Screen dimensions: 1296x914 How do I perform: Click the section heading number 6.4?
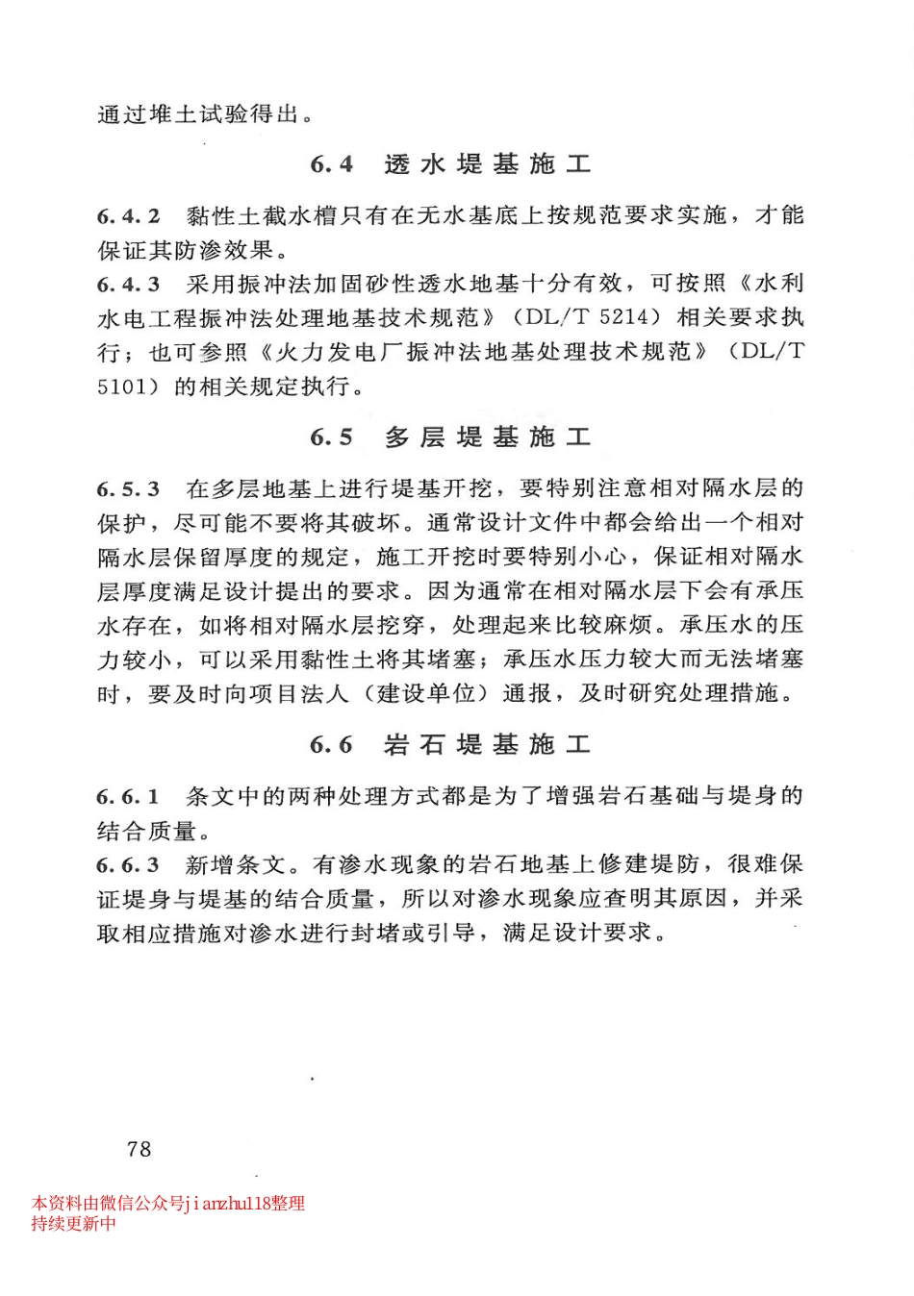(331, 164)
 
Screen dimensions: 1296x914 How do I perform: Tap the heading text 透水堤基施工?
(487, 164)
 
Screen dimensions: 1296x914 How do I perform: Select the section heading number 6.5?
(331, 437)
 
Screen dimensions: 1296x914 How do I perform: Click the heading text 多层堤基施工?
(487, 437)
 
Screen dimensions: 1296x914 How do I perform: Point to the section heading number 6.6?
(331, 744)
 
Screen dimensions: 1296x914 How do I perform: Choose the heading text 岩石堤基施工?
(487, 744)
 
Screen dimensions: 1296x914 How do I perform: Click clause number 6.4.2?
(128, 216)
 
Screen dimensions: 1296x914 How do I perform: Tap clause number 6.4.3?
(128, 285)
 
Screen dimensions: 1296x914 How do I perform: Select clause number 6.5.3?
(128, 489)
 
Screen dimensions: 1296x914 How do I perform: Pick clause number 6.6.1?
(128, 796)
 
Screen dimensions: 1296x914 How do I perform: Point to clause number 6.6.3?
(128, 865)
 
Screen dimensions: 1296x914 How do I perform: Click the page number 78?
(139, 1148)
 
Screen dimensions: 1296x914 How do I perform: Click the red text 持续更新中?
(73, 1223)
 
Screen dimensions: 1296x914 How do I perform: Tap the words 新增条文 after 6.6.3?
(236, 865)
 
